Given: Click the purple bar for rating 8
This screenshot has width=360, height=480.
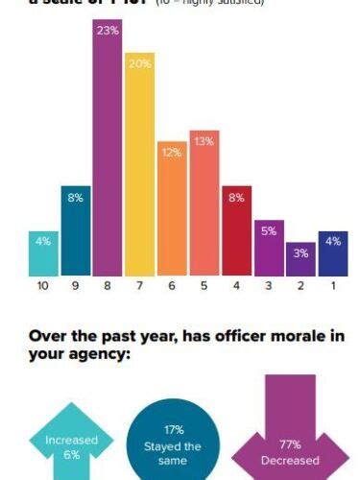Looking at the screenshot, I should (108, 163).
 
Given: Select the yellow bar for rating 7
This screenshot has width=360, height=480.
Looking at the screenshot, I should (140, 173).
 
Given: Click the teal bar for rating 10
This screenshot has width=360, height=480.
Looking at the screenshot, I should (43, 253).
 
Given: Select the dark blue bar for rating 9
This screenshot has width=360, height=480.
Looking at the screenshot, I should (75, 230).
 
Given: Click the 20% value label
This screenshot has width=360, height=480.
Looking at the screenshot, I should (140, 63).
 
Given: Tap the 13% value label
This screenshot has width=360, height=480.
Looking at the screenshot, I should (204, 142).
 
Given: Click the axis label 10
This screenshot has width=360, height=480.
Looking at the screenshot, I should (43, 285).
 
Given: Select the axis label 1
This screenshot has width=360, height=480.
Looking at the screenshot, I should (333, 285).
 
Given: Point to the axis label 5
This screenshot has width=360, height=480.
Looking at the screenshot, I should (204, 285).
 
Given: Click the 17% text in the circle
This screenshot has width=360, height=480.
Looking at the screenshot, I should (174, 430).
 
